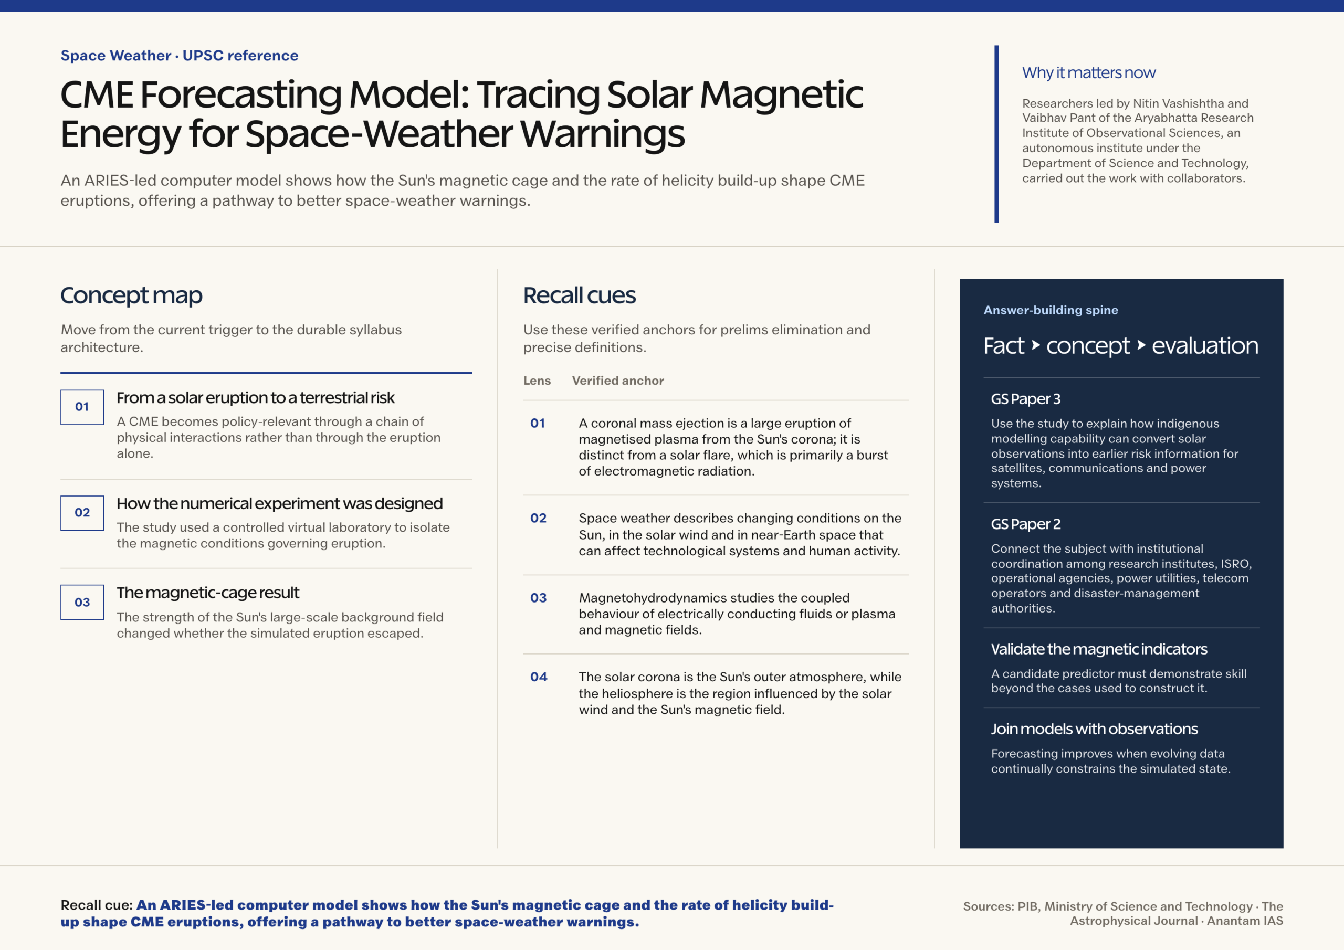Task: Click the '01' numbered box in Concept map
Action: click(82, 407)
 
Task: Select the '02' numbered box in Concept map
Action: click(82, 513)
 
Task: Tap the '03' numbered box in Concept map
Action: click(82, 603)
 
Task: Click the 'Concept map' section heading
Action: click(131, 295)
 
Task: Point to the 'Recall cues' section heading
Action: click(579, 295)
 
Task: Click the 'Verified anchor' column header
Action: click(617, 381)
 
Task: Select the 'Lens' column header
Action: click(537, 381)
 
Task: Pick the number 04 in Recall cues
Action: click(539, 677)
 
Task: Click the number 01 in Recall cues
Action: click(538, 423)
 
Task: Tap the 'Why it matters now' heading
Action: click(1089, 72)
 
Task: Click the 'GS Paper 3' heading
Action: click(1025, 399)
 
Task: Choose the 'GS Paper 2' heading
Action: click(1025, 524)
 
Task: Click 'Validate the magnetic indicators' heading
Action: click(1099, 649)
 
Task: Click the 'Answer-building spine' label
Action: click(1051, 310)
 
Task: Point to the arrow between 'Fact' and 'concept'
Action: click(1035, 345)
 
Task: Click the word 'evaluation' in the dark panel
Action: click(1205, 346)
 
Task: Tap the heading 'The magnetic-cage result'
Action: click(208, 593)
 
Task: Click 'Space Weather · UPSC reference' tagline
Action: click(179, 56)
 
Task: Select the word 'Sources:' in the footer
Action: click(989, 906)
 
